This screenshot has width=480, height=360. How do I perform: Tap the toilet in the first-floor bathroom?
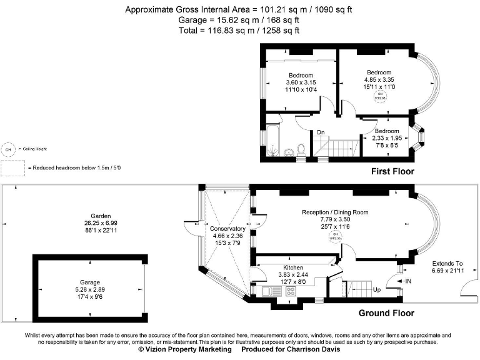pyautogui.click(x=301, y=149)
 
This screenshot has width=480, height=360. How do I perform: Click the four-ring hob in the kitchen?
pyautogui.click(x=291, y=291)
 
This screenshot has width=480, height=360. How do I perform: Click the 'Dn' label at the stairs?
pyautogui.click(x=321, y=132)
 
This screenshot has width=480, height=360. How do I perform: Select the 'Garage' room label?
pyautogui.click(x=89, y=282)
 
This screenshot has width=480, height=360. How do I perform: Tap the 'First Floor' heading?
pyautogui.click(x=392, y=171)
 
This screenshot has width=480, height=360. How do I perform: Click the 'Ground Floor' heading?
pyautogui.click(x=386, y=313)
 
